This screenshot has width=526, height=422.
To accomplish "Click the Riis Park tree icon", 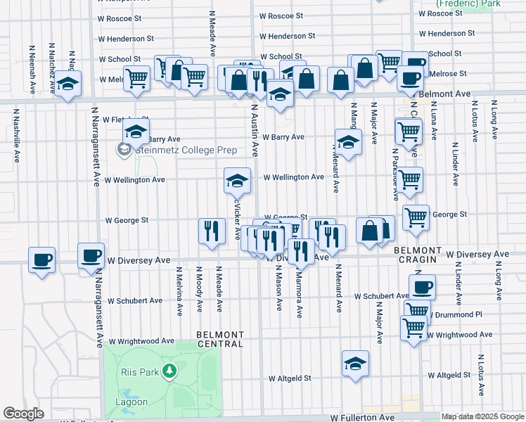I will point(168,370).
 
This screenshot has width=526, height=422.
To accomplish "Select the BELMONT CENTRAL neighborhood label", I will point(220,339).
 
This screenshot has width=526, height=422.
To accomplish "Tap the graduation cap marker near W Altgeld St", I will point(355,364).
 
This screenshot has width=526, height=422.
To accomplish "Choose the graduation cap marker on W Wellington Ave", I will point(238,181).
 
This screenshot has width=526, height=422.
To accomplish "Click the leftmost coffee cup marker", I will point(41,260).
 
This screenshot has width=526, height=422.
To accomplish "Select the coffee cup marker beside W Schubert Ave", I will point(422,287).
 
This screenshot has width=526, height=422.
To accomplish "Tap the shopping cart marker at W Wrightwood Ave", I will point(413,327).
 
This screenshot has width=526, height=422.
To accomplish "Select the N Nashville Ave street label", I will point(15,144).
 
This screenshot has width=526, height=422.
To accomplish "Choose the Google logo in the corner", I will point(23,414).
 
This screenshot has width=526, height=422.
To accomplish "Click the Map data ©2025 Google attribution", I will point(482,416).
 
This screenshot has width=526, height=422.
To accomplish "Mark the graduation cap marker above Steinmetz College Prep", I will point(136,131).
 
